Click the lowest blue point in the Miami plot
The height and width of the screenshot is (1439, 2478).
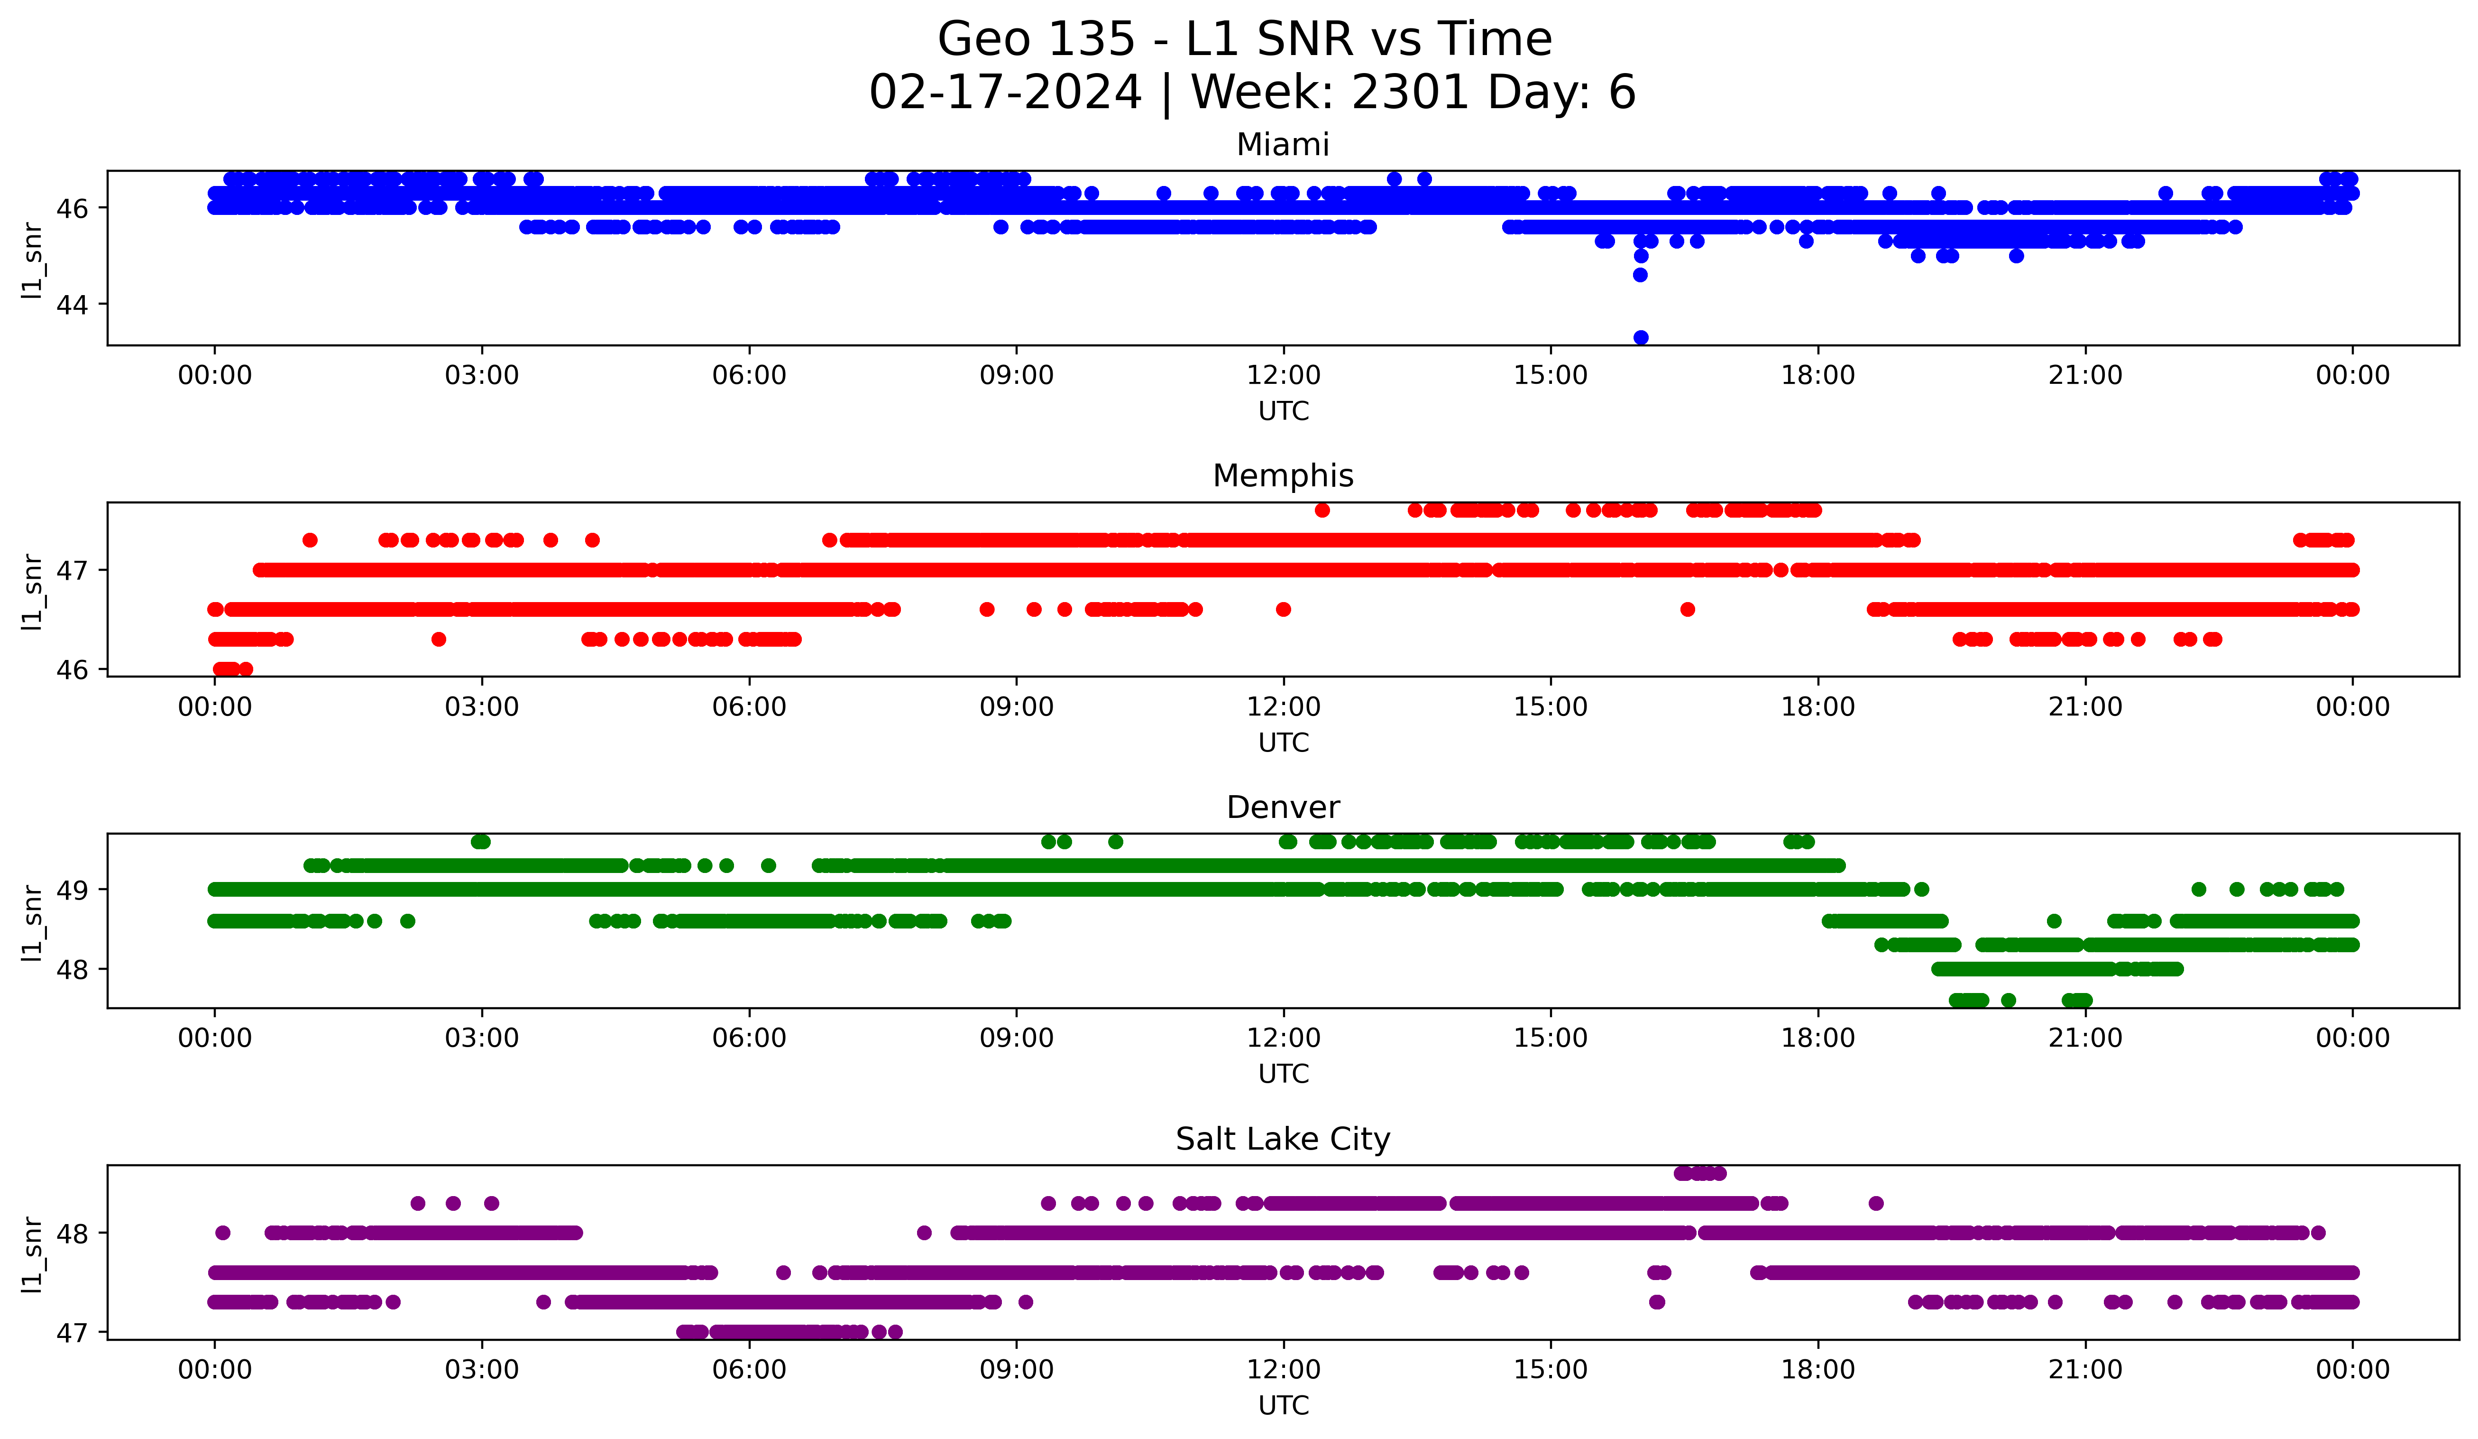(1640, 337)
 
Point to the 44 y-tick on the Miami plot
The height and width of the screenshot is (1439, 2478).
(72, 305)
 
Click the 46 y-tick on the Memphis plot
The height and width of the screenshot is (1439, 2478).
(72, 670)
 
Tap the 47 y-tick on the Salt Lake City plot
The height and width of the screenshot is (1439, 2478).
(72, 1333)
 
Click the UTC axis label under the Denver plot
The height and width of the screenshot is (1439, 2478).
(1283, 1074)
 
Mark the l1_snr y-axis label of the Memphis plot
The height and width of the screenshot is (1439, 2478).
(32, 590)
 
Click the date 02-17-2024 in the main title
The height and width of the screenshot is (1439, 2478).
(1005, 93)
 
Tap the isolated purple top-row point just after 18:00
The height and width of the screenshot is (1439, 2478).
(1876, 1203)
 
